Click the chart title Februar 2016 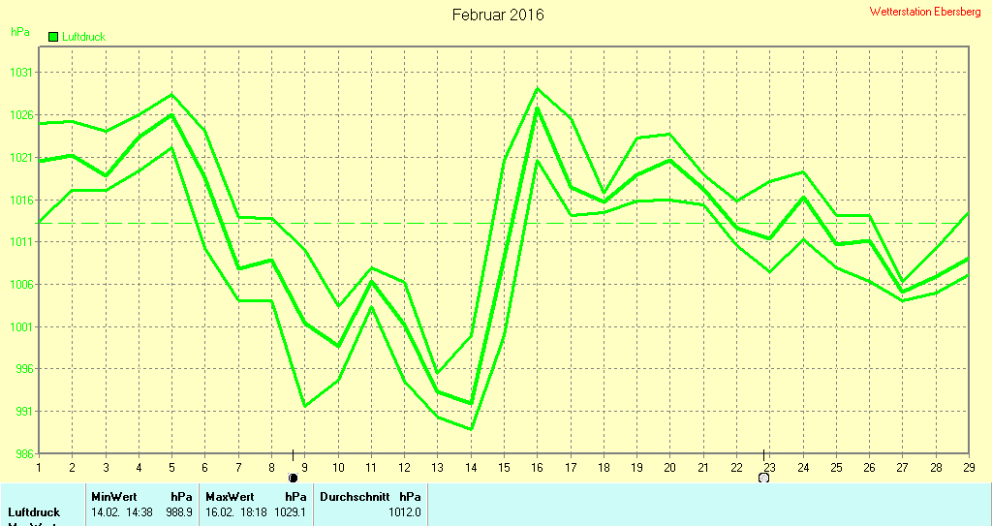coord(498,15)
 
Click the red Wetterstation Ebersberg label coord(925,12)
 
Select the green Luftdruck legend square coord(53,37)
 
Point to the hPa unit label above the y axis coord(19,32)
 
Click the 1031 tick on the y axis coord(21,73)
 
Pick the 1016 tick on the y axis coord(21,200)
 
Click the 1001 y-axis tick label coord(21,326)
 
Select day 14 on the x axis coord(471,467)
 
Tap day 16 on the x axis coord(538,467)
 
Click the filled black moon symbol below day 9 coord(293,478)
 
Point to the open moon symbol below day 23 coord(763,478)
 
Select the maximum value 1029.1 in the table coord(290,511)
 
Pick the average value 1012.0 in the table coord(405,511)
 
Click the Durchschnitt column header coord(355,496)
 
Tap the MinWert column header coord(113,496)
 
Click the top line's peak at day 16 coord(538,89)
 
